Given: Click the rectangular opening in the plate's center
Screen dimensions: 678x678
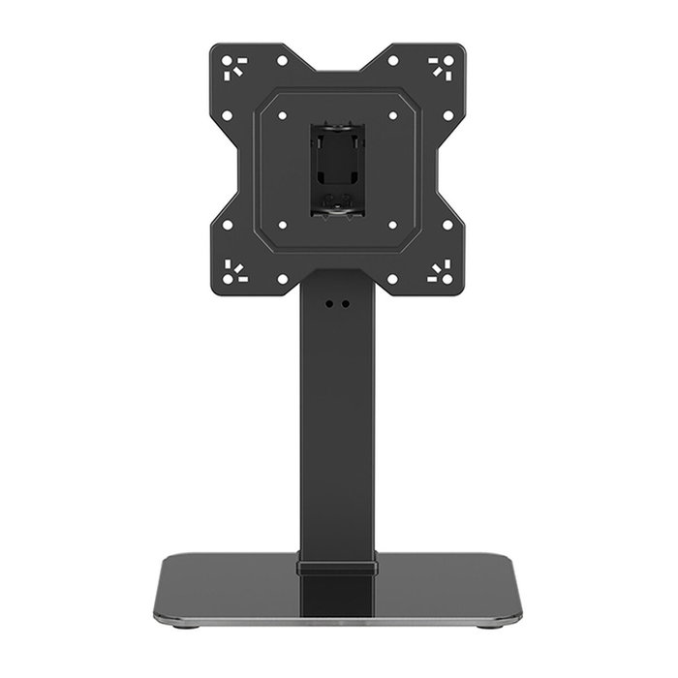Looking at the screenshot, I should click(337, 169).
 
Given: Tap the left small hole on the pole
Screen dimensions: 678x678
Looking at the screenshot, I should click(329, 303).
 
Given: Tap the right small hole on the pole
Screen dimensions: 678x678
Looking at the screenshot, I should click(345, 303).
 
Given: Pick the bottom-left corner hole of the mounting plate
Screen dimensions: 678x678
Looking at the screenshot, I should click(228, 279).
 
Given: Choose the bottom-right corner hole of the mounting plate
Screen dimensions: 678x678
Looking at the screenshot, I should click(447, 279).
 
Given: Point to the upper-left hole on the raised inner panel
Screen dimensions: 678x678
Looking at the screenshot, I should click(282, 114).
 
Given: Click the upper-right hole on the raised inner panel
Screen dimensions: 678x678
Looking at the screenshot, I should click(393, 114).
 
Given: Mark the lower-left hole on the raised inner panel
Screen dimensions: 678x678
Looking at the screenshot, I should click(282, 225).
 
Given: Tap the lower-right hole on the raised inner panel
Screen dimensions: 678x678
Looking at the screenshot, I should click(393, 225).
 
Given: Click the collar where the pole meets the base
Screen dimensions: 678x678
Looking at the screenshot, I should click(337, 566).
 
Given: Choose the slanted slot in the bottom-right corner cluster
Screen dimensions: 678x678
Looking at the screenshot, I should click(437, 268).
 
